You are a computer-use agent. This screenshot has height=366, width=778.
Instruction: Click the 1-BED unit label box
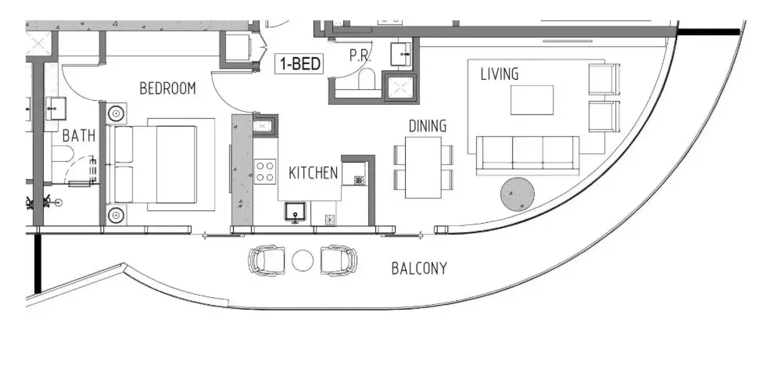coord(299,64)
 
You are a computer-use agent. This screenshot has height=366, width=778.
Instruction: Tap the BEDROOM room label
coord(168,89)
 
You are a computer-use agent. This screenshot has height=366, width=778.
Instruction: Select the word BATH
coord(79,136)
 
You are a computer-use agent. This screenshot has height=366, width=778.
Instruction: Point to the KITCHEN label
coord(313,173)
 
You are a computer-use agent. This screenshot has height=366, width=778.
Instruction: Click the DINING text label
coord(427,126)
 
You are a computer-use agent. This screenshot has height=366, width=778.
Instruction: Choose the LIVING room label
coord(499,74)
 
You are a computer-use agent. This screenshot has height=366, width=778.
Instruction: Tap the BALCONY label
coord(419,269)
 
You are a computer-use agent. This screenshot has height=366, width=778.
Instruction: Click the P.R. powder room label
coord(360,56)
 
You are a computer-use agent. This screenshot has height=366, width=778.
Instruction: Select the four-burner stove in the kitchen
coord(265,172)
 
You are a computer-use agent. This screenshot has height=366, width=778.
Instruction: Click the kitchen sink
coord(295,212)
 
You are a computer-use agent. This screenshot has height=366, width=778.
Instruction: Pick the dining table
coord(423,167)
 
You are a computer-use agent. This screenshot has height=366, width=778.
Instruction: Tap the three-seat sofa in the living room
coord(528,155)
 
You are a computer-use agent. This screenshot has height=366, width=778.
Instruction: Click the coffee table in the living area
coord(532,100)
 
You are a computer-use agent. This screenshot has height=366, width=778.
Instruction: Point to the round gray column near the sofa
coord(518,194)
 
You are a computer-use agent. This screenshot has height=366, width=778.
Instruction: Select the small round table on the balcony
coord(302,260)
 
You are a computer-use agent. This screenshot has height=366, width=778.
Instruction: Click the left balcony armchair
coord(266,260)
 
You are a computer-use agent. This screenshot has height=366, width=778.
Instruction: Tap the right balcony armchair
coord(339,260)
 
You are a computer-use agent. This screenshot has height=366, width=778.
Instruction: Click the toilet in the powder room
coord(367,79)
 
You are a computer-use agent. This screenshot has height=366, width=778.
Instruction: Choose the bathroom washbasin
coord(56,108)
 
